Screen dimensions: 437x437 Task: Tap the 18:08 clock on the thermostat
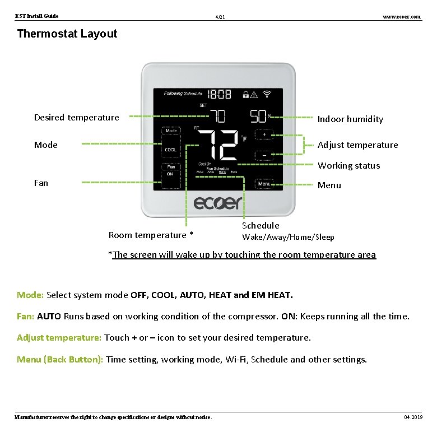[x=220, y=95]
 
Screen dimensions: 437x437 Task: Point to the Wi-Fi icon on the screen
[x=267, y=94]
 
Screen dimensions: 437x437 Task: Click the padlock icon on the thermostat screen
[x=245, y=95]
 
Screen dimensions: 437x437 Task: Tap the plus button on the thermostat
[x=264, y=134]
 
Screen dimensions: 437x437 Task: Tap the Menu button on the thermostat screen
[x=264, y=184]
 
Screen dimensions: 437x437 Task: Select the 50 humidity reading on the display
[x=258, y=116]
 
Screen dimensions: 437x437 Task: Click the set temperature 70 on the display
[x=218, y=116]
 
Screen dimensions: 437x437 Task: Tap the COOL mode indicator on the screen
[x=170, y=150]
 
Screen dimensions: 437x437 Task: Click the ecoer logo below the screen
[x=218, y=202]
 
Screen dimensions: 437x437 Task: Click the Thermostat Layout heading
[x=67, y=34]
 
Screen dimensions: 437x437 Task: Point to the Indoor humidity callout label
[x=350, y=119]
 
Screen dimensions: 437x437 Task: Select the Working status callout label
[x=348, y=165]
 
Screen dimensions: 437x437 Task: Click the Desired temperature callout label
[x=77, y=117]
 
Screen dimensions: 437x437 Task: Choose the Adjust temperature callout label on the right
[x=357, y=145]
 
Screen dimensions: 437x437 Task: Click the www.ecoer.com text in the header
[x=401, y=17]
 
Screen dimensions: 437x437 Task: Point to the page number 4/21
[x=220, y=18]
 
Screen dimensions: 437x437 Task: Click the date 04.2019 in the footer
[x=413, y=417]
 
